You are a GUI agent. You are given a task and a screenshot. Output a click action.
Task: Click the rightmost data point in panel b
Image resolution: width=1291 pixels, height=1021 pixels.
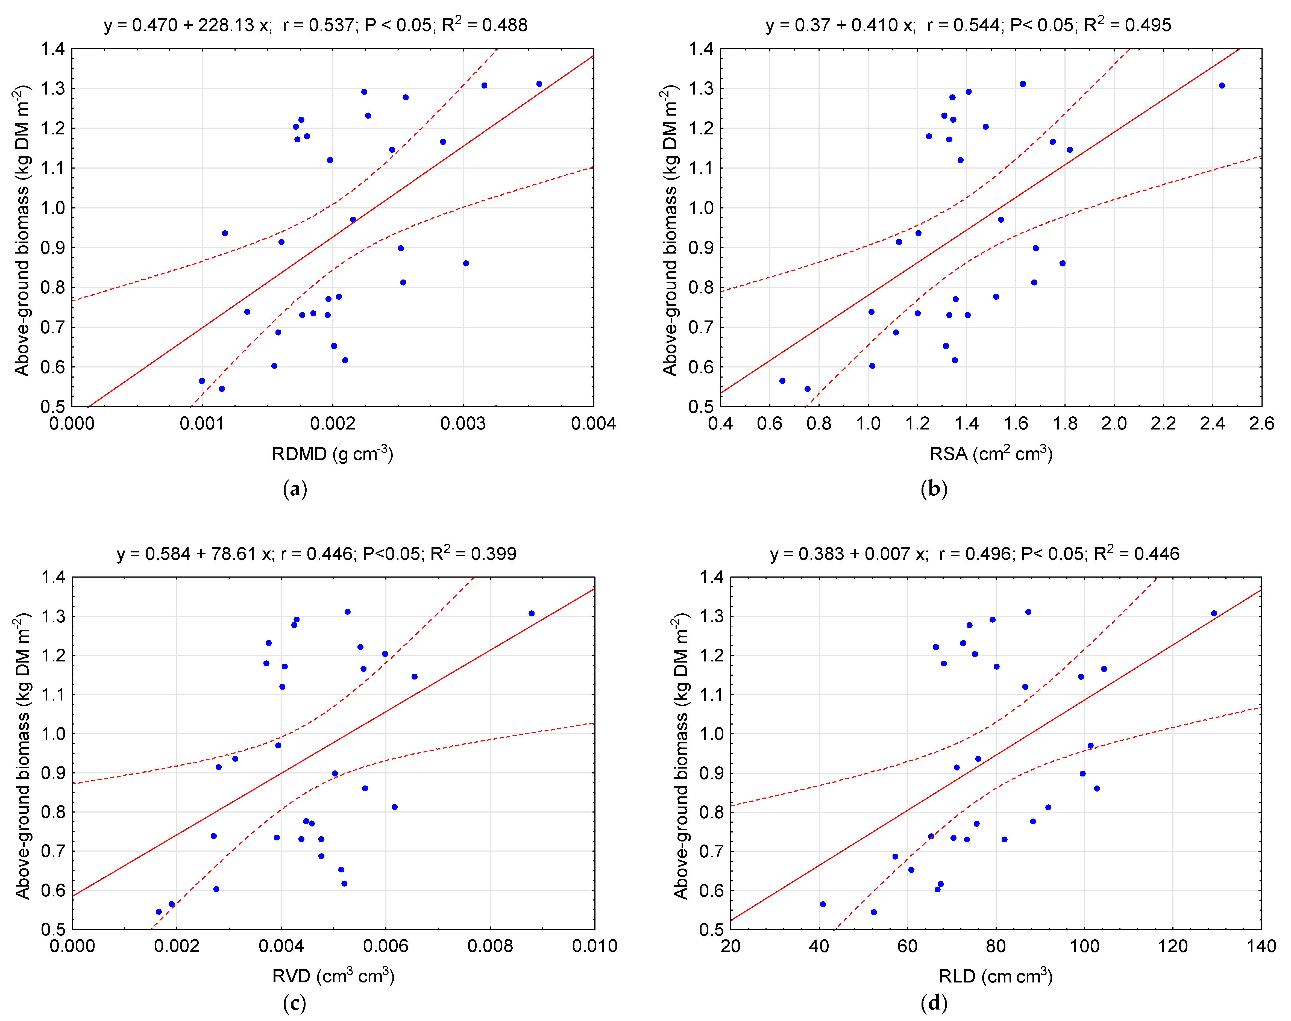1222,86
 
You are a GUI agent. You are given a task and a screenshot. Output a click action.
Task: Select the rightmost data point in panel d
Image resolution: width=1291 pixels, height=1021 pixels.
1214,613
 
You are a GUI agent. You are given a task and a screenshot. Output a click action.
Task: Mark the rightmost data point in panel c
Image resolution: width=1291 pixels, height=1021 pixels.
532,613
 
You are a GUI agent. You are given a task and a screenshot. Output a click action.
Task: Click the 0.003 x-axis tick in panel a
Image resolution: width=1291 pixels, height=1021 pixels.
463,424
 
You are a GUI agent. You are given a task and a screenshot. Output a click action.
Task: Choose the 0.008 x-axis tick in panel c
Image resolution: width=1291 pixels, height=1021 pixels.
490,946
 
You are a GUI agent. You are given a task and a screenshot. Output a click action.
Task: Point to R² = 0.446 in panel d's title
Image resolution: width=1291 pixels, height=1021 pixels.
1136,554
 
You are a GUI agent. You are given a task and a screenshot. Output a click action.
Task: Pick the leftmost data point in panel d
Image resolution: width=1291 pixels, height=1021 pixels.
823,904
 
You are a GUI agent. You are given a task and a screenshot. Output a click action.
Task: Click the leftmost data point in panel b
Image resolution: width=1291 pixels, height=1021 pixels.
782,381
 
